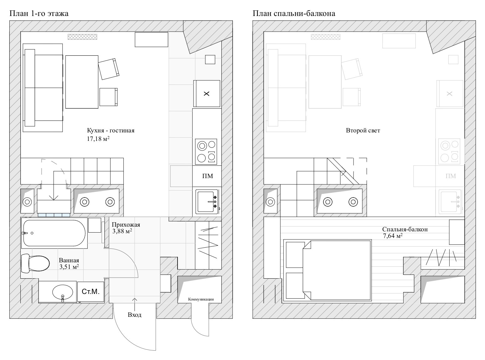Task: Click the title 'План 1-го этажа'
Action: point(39,13)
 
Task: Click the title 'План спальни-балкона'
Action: point(294,13)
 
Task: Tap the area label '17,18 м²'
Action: point(98,139)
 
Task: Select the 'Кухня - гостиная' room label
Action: point(111,131)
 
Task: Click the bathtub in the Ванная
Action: point(54,233)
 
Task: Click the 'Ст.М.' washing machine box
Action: point(90,292)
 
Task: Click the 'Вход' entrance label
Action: point(135,315)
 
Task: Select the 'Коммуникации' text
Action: point(201,299)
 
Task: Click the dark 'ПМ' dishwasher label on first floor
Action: point(207,176)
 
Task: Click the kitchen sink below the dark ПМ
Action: point(207,202)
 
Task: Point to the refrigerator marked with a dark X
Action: point(207,94)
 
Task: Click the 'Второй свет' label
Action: point(363,131)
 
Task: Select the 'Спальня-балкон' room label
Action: point(405,229)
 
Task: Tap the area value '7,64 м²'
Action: point(392,236)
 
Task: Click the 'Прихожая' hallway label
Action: point(126,225)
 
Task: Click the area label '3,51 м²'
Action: point(69,267)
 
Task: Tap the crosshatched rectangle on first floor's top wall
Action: point(83,37)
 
